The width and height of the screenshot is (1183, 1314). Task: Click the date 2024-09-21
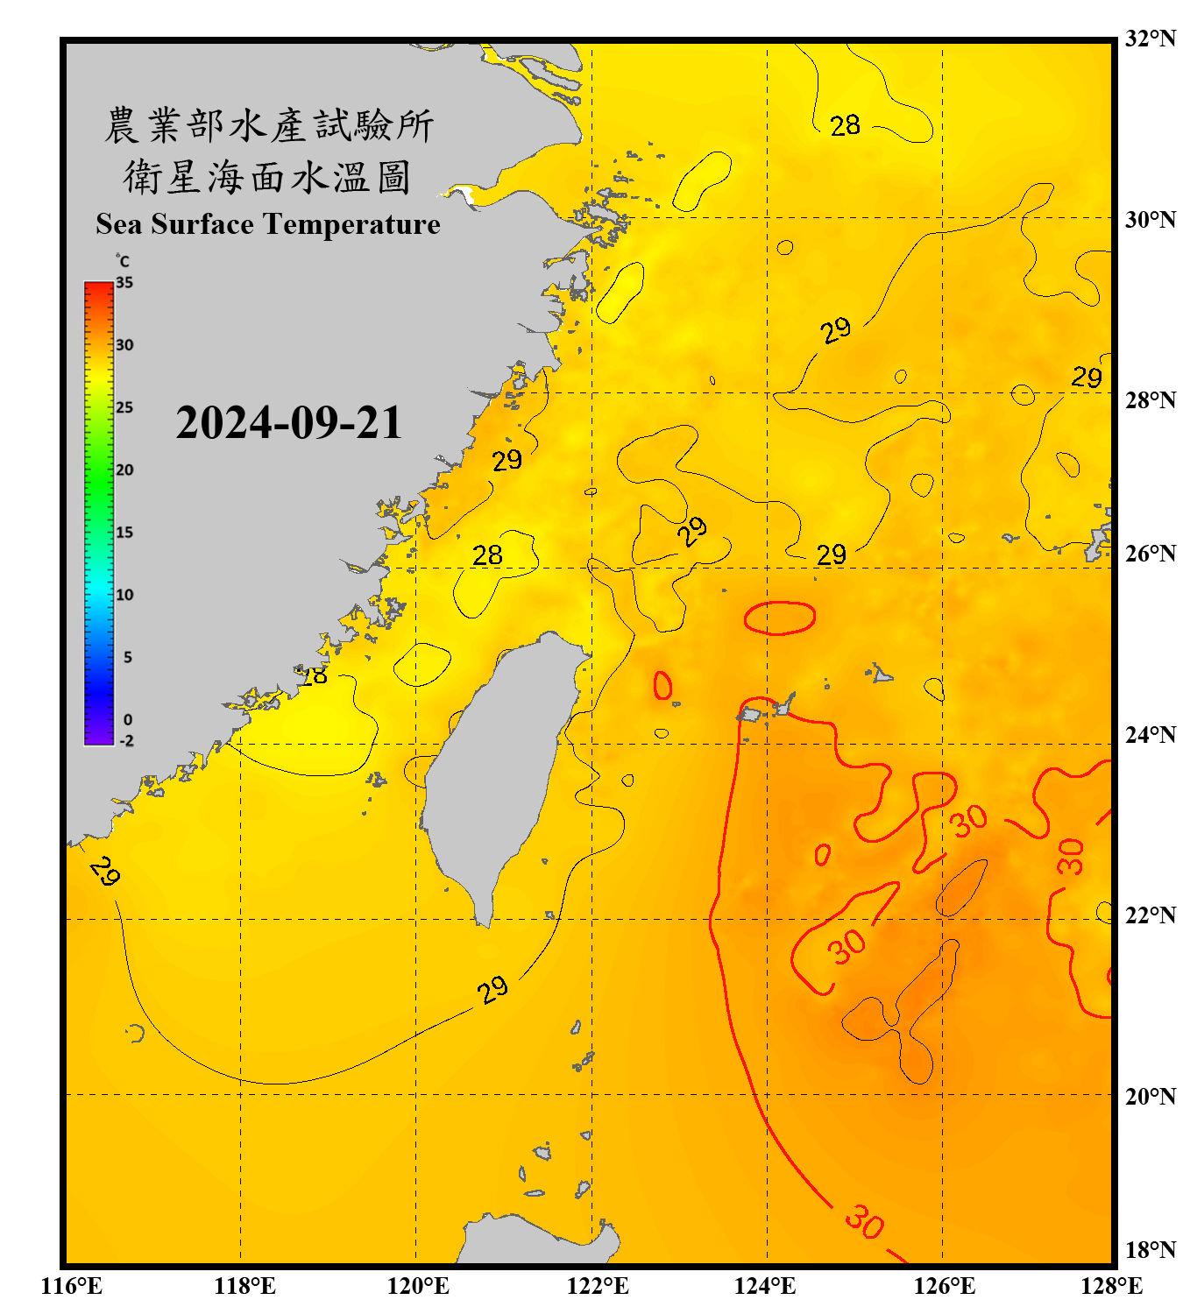288,423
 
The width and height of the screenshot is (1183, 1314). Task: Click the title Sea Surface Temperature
267,224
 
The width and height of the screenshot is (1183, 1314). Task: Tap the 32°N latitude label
1150,39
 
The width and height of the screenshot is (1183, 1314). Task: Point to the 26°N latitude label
1150,554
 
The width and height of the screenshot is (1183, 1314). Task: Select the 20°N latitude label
1150,1096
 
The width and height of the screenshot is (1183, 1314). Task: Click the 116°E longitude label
72,1286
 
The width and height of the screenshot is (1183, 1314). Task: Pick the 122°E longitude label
598,1286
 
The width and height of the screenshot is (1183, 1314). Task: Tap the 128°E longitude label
1111,1286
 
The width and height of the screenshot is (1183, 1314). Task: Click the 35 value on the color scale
124,283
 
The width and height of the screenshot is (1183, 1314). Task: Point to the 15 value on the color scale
124,533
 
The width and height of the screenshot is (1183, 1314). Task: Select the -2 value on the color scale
126,741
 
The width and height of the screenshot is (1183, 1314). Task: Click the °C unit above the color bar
123,261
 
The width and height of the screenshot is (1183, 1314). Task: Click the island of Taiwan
499,762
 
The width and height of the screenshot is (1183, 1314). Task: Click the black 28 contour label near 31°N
845,126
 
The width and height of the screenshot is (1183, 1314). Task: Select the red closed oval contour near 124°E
779,618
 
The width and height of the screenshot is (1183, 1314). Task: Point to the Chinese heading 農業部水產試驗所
268,125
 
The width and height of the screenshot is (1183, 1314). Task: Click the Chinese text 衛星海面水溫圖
267,177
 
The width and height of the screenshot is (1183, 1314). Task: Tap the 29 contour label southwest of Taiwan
492,990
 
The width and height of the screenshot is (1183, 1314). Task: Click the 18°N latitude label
1150,1250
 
